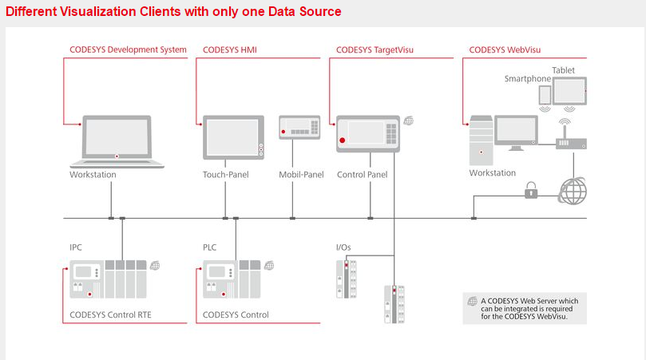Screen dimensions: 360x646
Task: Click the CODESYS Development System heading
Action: [128, 49]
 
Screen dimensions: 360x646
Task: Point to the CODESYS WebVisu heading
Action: [505, 49]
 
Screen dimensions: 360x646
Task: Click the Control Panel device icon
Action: [367, 133]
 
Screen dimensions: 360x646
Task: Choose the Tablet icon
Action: [570, 90]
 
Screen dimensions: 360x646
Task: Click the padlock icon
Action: [529, 190]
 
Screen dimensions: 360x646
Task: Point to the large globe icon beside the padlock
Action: [572, 192]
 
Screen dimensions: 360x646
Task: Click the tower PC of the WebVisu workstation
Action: [481, 139]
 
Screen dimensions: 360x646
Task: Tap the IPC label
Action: [76, 247]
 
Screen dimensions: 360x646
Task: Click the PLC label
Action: [210, 247]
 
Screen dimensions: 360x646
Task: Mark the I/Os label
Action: [344, 247]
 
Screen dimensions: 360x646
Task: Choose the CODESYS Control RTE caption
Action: [110, 315]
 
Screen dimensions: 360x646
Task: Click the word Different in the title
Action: [31, 11]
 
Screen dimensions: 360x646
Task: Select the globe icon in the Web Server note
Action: [471, 301]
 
